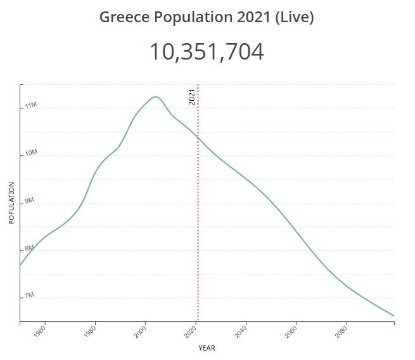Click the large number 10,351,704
[207, 52]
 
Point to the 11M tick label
[30, 106]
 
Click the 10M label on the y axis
[30, 153]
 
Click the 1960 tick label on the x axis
[41, 332]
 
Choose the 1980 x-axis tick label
[91, 332]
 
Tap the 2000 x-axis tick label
[141, 332]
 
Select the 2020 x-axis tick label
[191, 332]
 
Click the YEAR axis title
[207, 348]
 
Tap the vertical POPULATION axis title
[11, 203]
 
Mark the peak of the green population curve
[155, 96]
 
